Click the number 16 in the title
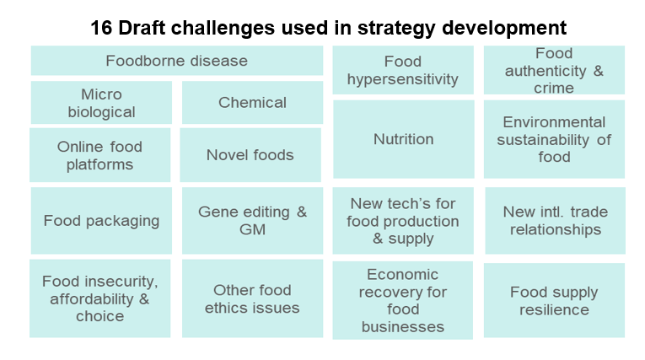100,28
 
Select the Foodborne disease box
177,61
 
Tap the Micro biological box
101,103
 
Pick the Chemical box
252,103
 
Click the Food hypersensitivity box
403,70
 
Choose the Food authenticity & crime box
554,70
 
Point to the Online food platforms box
100,154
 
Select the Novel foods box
250,154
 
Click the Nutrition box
404,139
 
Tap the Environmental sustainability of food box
554,139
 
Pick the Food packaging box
101,221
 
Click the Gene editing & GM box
252,221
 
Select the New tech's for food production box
403,221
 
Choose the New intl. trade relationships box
556,221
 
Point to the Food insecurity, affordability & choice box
100,298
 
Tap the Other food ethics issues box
252,298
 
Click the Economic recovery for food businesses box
403,300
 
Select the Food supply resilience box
554,300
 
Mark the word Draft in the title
142,28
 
